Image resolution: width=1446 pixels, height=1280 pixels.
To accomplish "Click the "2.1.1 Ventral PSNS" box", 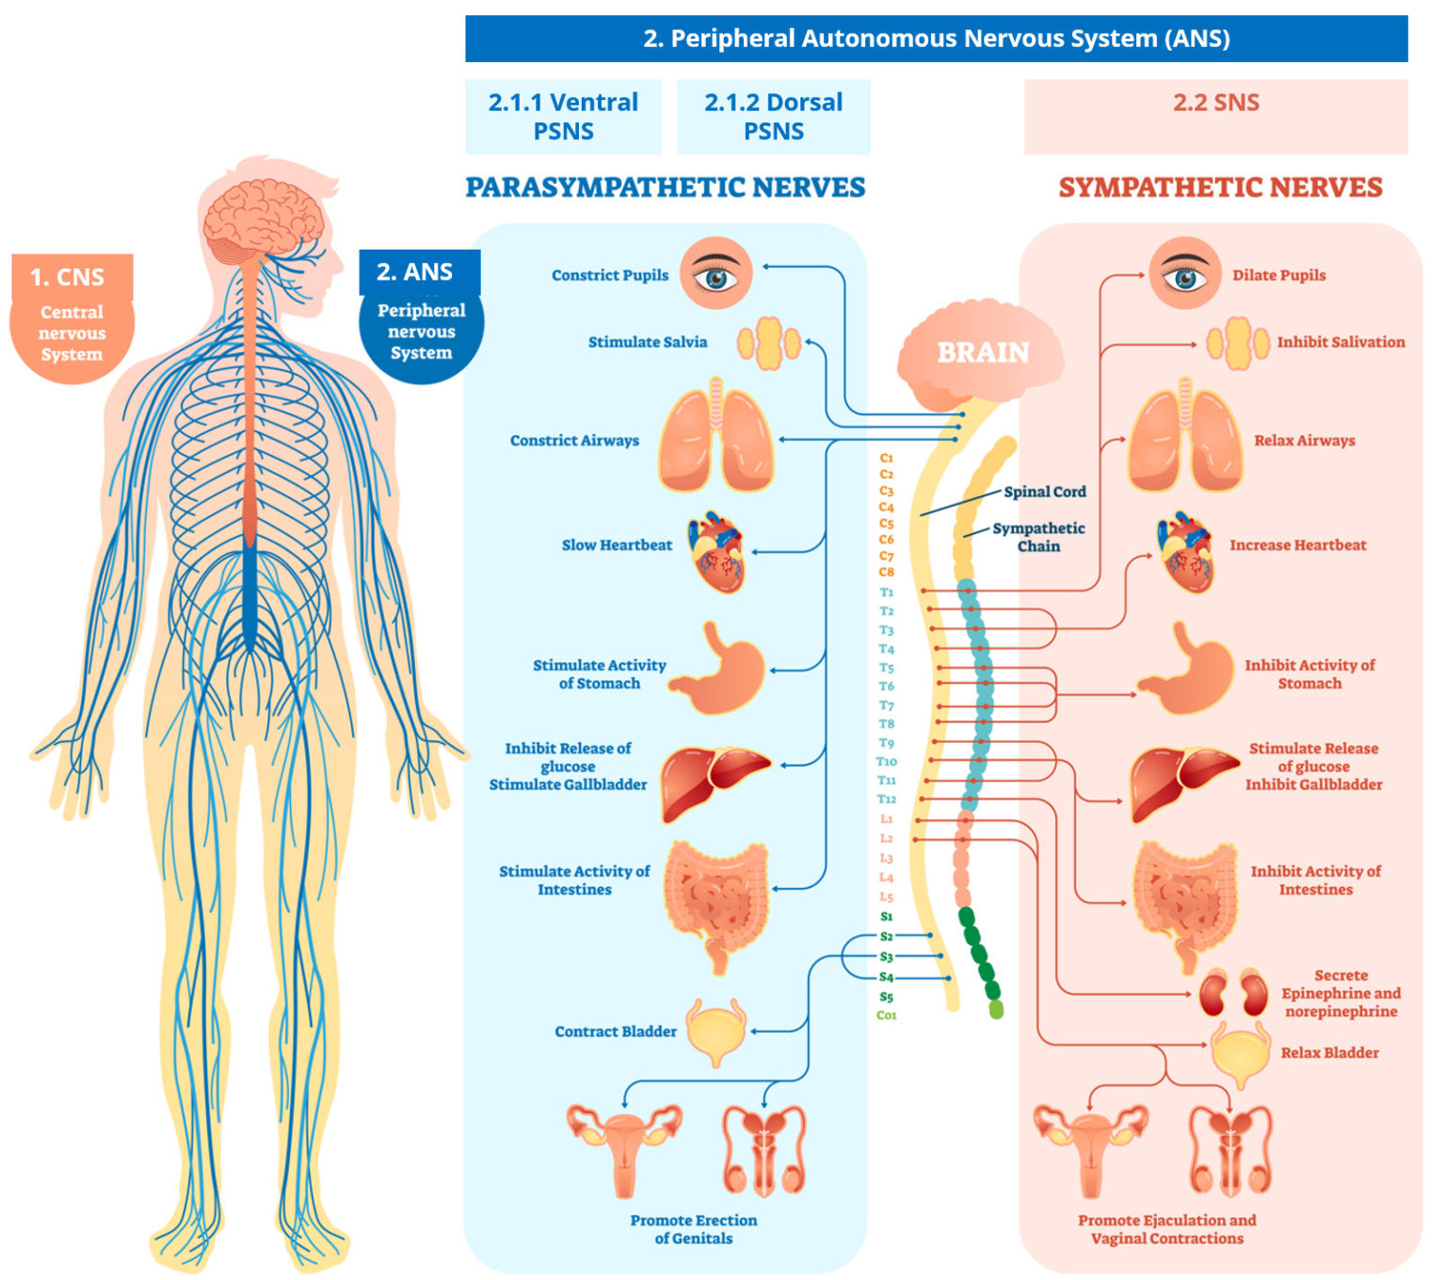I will [563, 116].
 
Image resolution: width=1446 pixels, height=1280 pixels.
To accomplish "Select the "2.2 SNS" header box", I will [1215, 116].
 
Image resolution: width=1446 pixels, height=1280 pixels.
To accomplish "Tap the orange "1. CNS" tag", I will [72, 277].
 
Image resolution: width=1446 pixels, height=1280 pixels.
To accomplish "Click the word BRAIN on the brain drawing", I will [983, 352].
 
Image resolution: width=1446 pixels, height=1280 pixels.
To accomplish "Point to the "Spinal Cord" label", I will [1044, 492].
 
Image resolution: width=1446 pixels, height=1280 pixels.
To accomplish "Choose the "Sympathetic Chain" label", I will [1038, 537].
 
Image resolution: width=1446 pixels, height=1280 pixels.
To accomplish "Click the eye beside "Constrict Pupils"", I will [716, 273].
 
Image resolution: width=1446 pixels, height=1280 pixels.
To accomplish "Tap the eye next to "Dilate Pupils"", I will [1184, 273].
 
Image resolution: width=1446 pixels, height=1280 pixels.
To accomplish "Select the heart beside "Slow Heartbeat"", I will [717, 551].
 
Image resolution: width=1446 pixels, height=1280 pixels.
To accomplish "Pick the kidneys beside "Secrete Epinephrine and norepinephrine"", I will [1233, 994].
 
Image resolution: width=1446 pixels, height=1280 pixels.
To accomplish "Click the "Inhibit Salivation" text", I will [1341, 342].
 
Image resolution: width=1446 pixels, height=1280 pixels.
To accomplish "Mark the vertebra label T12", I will [887, 799].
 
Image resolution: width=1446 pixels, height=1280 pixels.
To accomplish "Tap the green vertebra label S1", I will [887, 916].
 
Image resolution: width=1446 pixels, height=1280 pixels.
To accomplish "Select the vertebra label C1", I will [887, 458].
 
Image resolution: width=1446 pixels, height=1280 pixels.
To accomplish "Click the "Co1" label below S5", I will [887, 1015].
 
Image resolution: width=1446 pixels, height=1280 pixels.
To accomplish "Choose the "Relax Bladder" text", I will [1329, 1053].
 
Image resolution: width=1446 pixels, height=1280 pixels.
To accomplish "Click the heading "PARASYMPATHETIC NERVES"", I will [665, 187].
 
